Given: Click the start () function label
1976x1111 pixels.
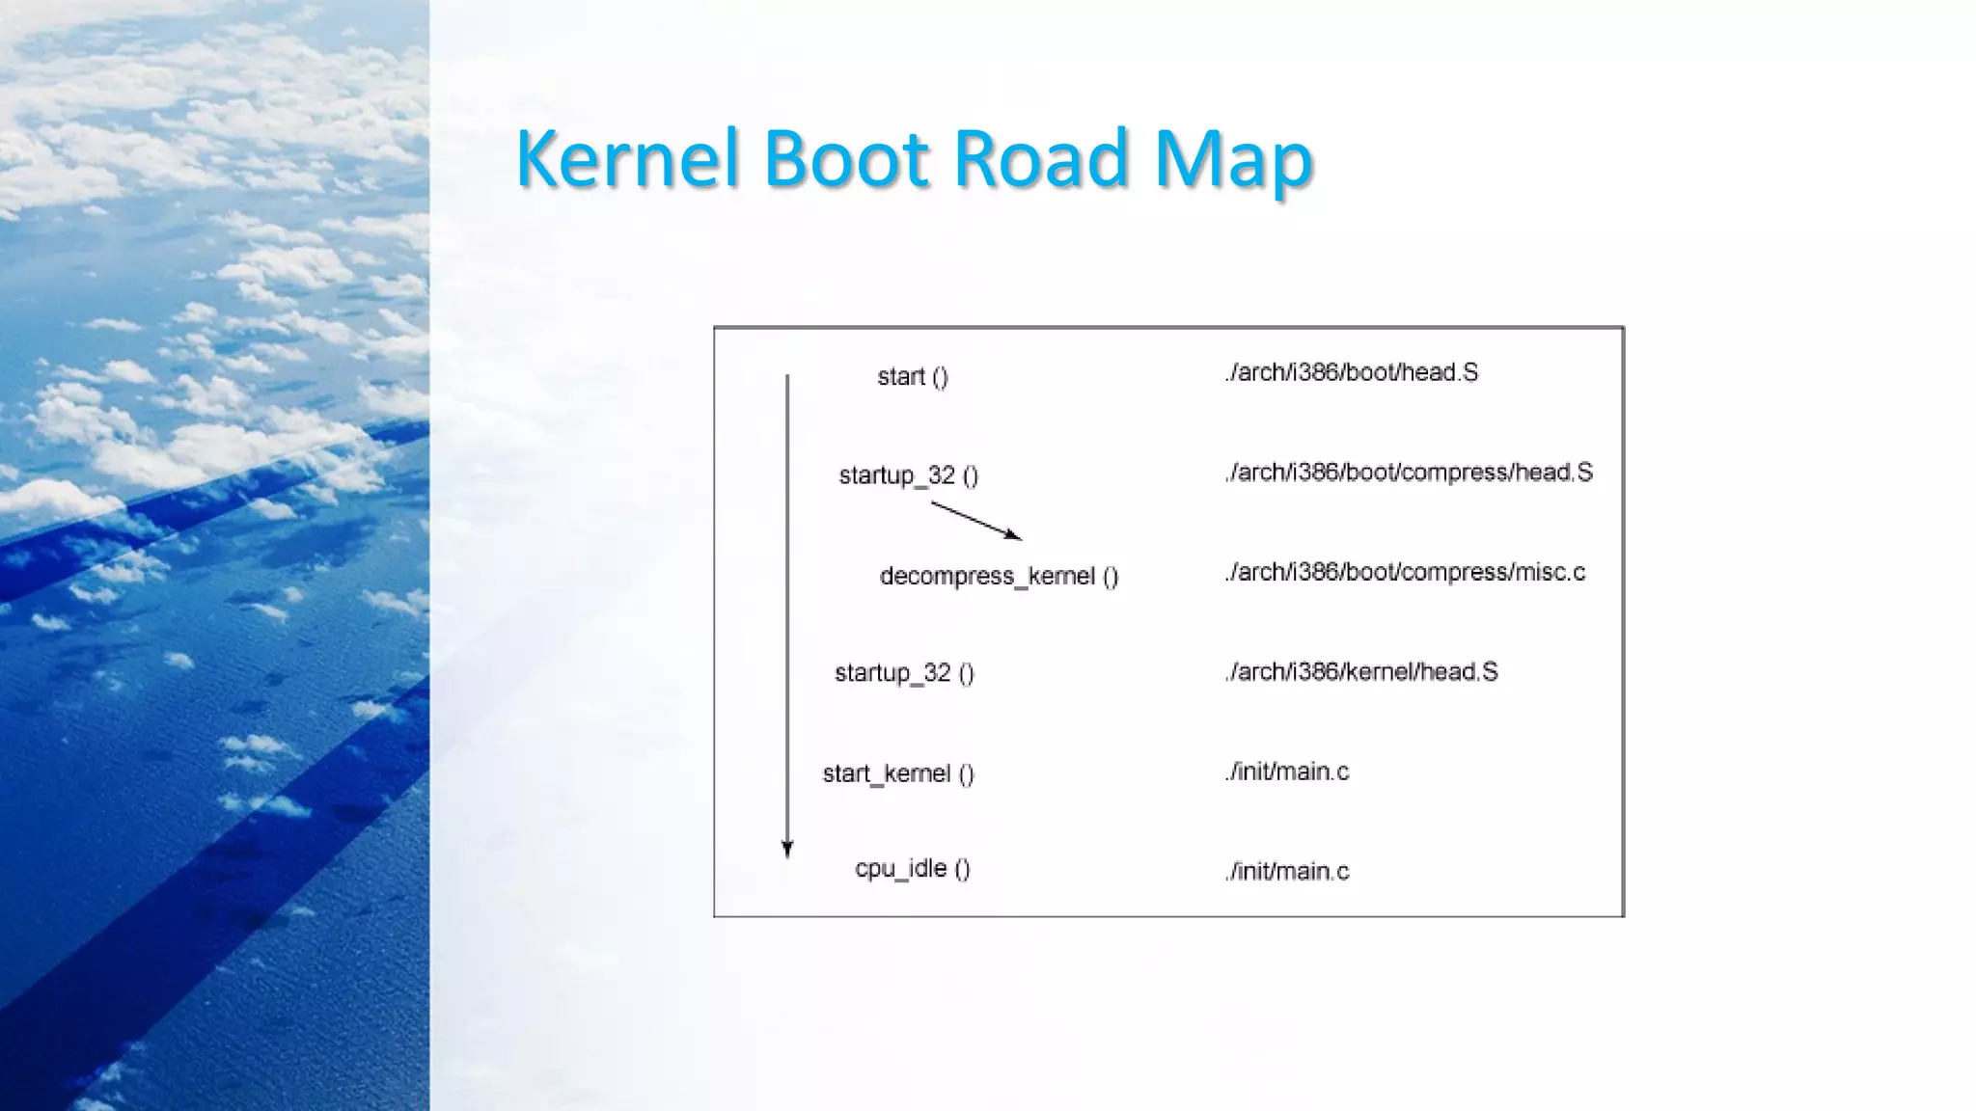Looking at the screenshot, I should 913,377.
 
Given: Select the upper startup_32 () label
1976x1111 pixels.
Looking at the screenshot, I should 909,475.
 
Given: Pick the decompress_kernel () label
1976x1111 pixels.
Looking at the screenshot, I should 999,577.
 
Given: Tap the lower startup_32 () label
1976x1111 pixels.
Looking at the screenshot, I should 904,673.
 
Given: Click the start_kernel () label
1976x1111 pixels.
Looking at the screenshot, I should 898,773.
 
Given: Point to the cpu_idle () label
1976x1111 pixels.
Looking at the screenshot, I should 913,869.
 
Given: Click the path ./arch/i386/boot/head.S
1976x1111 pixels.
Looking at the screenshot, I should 1351,373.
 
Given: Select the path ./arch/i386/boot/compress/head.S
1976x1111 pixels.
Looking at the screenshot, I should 1409,473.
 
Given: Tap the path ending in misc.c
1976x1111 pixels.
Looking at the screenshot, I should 1405,573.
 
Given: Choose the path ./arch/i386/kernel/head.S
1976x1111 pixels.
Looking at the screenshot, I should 1361,672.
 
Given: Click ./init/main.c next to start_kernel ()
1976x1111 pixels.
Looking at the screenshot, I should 1287,772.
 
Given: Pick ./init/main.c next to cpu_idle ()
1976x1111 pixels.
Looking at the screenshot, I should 1287,872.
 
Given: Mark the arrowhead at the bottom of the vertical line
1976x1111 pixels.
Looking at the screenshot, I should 787,849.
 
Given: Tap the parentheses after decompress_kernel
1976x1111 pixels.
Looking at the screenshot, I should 1111,577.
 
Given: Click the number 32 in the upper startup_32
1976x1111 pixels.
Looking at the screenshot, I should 942,475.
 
